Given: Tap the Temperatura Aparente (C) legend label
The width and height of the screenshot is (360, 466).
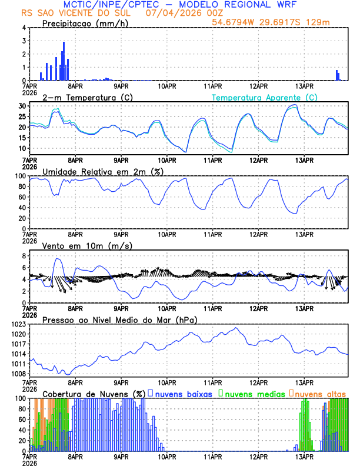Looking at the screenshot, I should (264, 97).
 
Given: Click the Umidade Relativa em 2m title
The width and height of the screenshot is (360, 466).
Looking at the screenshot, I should (100, 172).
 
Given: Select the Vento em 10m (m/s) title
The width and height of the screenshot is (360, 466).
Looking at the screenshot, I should (88, 246).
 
